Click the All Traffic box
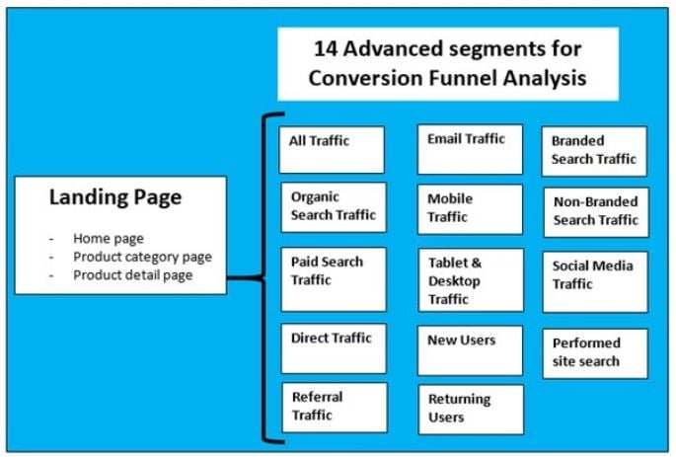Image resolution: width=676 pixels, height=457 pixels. coord(332,150)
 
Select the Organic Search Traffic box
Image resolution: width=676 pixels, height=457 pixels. coord(334,207)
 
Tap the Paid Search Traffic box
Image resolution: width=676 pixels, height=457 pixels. coord(334,279)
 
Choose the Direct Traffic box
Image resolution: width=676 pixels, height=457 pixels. coord(334,348)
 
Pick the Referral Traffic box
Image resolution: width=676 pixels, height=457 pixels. coord(335,408)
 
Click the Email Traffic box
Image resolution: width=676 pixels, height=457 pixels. coord(470,149)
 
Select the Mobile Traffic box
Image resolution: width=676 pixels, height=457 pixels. coord(470,209)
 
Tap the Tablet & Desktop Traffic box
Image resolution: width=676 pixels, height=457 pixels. coord(471,279)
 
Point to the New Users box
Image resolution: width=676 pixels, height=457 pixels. coord(470,350)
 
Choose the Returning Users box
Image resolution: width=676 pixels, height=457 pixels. coord(471,410)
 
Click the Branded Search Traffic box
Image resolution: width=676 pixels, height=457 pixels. coord(594,151)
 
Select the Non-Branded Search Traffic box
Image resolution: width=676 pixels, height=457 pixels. coord(596,212)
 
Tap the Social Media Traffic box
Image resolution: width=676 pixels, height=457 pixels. coord(595,282)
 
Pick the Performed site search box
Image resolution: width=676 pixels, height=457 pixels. coord(595,353)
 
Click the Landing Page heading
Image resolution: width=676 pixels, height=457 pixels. coord(115,197)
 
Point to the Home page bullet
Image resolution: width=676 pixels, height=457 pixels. coord(109,239)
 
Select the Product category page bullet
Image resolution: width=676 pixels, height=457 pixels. coord(142,257)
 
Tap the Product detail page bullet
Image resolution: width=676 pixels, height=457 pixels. coord(133,275)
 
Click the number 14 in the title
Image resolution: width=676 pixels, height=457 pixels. coord(325,48)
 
